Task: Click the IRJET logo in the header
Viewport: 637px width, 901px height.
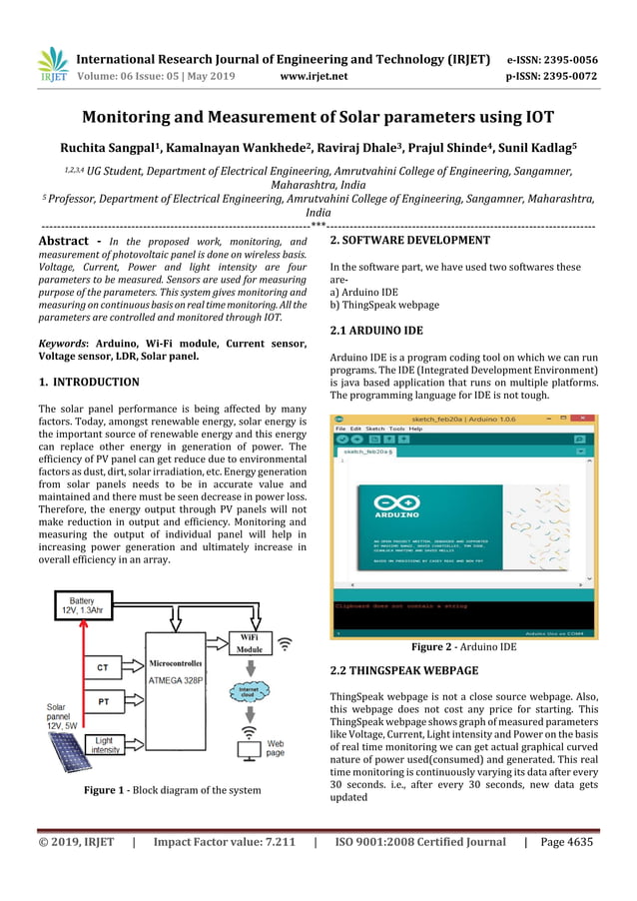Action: coord(52,66)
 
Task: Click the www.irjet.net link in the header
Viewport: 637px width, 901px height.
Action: coord(312,75)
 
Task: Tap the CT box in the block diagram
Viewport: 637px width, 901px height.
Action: coord(102,666)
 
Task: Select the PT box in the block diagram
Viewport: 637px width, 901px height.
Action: coord(103,702)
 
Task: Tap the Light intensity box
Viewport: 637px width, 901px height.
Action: coord(104,743)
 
